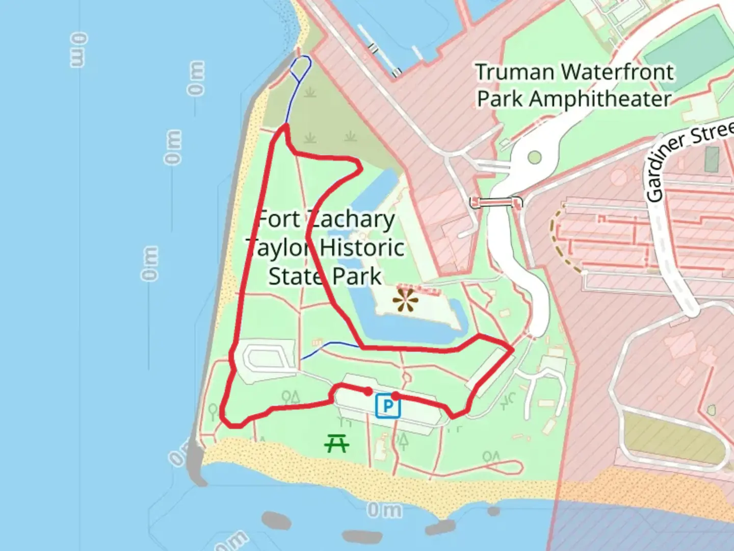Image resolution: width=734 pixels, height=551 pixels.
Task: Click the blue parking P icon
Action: point(388,406)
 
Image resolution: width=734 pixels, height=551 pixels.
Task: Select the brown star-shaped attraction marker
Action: point(406,300)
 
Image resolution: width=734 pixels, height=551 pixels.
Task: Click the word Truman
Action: point(513,72)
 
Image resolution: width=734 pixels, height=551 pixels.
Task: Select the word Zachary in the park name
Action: point(351,220)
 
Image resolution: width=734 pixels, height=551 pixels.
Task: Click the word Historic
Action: point(362,248)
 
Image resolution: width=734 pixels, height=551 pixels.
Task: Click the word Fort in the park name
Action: point(277,219)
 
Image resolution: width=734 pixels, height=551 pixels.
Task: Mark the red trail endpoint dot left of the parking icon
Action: point(368,391)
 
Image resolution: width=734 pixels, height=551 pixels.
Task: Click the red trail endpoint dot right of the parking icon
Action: point(395,395)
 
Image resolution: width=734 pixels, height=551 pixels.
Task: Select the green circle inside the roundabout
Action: point(534,157)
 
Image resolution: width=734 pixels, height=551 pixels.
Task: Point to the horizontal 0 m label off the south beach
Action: point(384,510)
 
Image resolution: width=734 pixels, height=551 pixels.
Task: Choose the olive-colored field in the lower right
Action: point(673,439)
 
